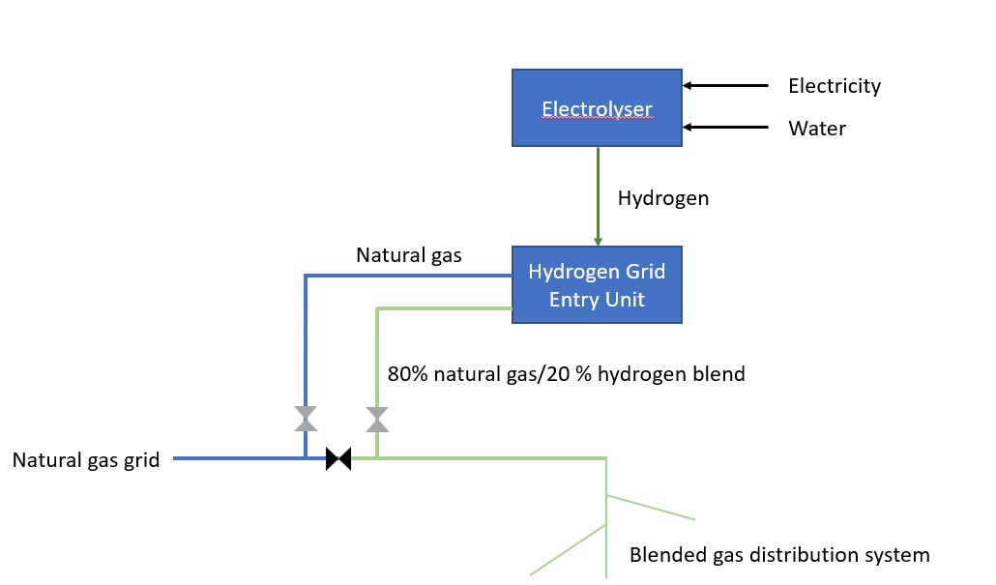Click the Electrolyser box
click(597, 108)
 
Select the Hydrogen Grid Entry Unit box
click(597, 284)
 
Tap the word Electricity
click(835, 86)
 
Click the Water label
click(817, 129)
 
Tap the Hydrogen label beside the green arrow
click(662, 198)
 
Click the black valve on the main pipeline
click(338, 458)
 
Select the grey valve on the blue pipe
click(306, 419)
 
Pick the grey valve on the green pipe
click(377, 419)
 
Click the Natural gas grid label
click(86, 460)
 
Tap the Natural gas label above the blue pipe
click(408, 256)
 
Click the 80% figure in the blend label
click(405, 373)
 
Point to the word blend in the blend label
click(718, 373)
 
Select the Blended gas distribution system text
click(778, 555)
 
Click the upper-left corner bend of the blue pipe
click(306, 277)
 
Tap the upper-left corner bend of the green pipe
click(377, 308)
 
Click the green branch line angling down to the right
click(651, 508)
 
